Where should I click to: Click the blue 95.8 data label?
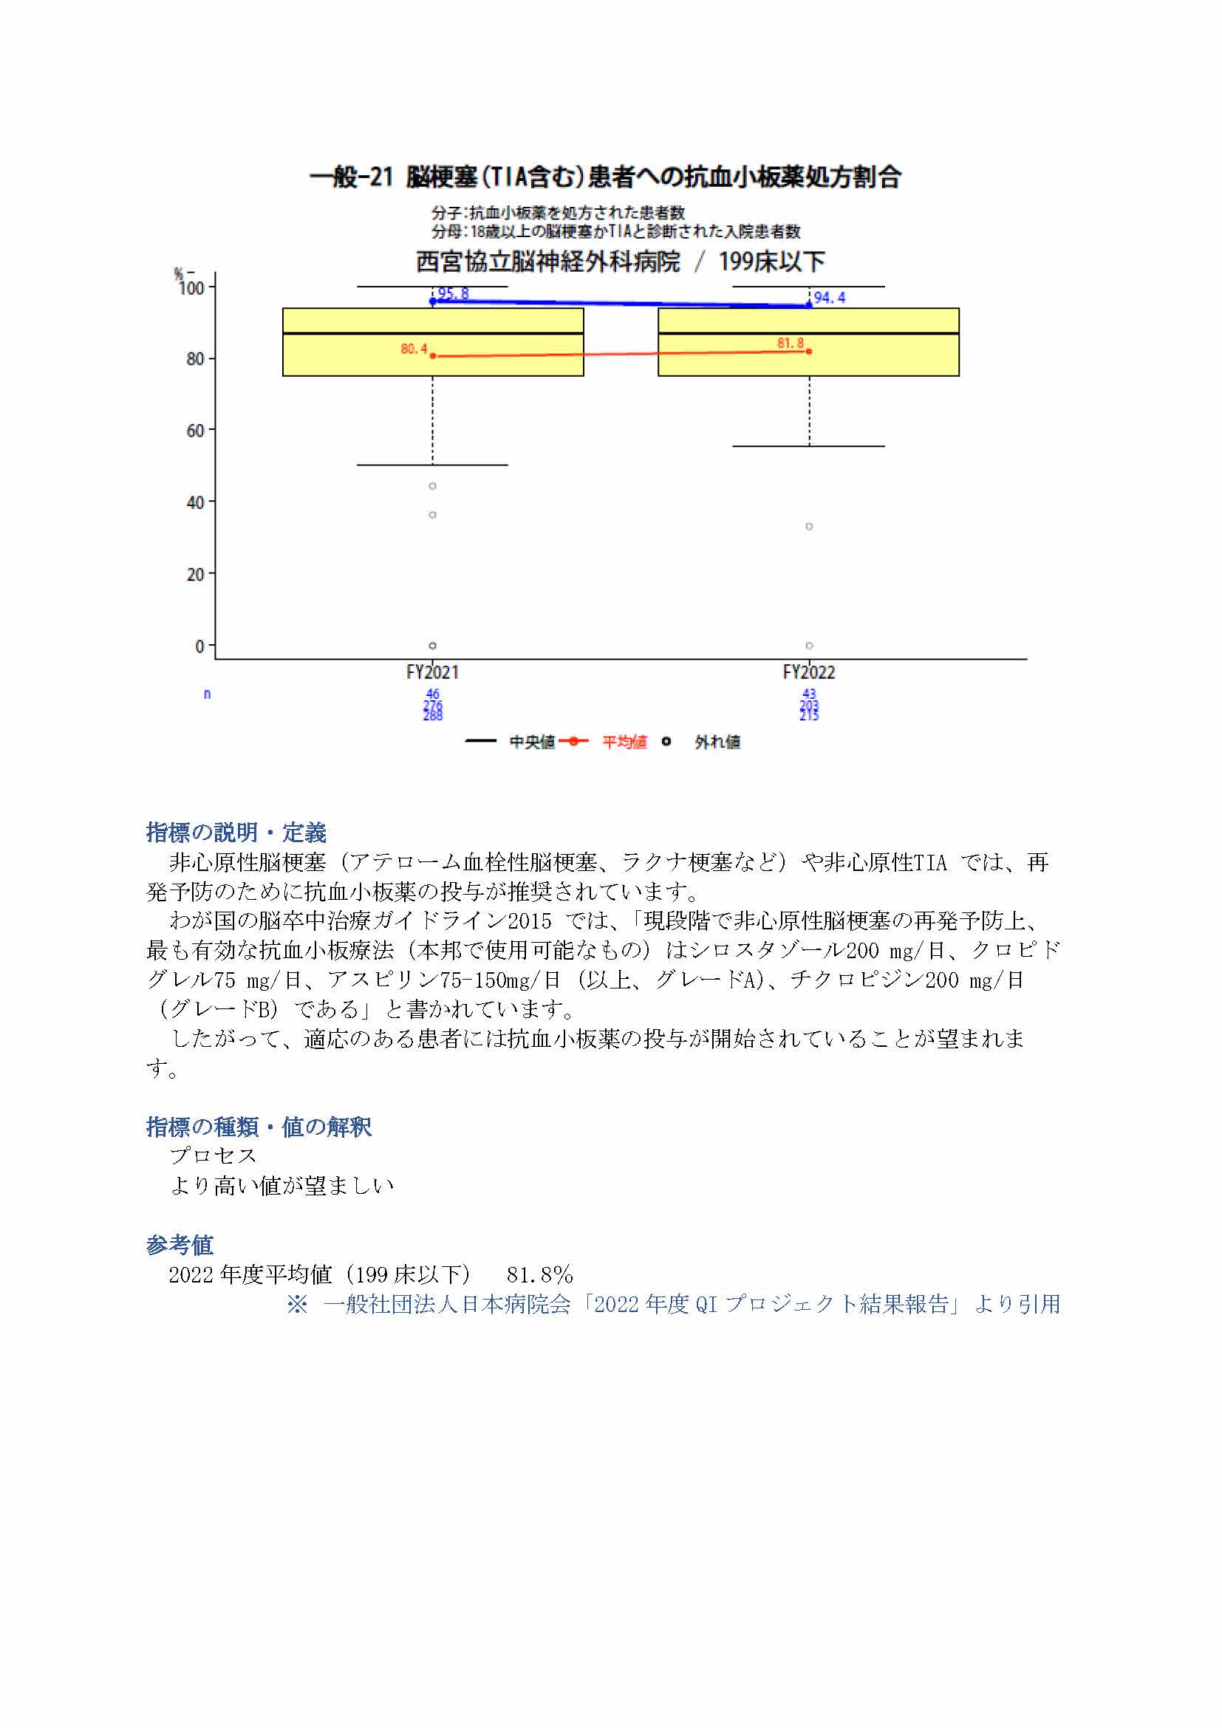[453, 293]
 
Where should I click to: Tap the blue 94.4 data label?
[829, 298]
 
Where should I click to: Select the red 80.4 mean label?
[414, 349]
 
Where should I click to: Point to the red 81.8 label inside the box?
[790, 344]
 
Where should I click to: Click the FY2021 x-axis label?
[433, 672]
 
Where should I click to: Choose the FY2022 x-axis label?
[809, 672]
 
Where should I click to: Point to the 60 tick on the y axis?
[195, 431]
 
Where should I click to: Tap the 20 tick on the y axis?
[195, 574]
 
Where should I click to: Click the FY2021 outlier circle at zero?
[433, 646]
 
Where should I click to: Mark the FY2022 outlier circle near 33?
[810, 526]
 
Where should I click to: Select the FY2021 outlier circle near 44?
[433, 486]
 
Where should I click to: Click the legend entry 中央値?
[532, 742]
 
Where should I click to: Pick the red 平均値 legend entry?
[624, 742]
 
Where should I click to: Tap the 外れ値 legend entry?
[717, 742]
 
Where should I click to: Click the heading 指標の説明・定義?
[236, 833]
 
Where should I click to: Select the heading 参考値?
[179, 1245]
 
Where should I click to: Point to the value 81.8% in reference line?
[539, 1275]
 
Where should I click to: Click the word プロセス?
[213, 1156]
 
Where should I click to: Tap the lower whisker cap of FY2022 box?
[809, 446]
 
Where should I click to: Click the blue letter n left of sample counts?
[207, 694]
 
